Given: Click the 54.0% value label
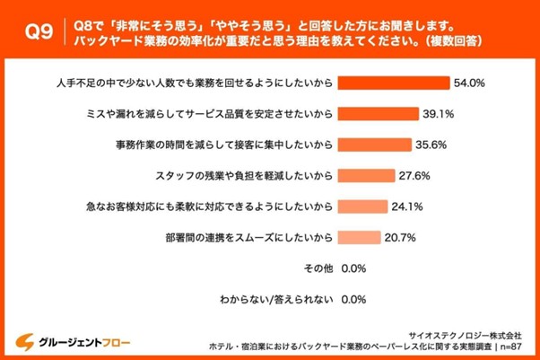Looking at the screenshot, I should pos(469,83).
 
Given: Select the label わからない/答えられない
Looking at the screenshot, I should pos(277,300).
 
